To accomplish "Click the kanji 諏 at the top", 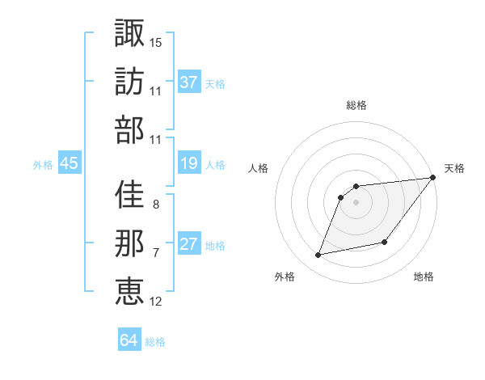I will tap(129, 34).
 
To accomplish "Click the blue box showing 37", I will tap(189, 82).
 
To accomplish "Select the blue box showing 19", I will tap(189, 163).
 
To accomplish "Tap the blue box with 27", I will tap(189, 244).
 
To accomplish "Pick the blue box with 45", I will tap(69, 163).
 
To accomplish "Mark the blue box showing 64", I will tap(129, 340).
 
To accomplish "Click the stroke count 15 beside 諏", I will tap(156, 42).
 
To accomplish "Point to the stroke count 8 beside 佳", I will tap(156, 205).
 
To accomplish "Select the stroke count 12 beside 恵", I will tap(156, 302).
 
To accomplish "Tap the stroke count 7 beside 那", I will tap(156, 253).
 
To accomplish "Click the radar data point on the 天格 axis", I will tap(432, 178).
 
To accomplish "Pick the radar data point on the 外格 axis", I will tap(318, 255).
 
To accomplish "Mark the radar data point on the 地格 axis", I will tap(386, 242).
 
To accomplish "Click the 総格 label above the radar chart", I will tap(356, 106).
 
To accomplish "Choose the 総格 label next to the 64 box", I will tap(156, 342).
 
